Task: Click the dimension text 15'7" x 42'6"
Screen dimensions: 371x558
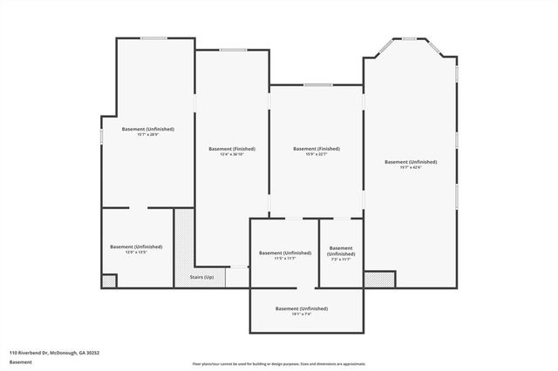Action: pos(410,168)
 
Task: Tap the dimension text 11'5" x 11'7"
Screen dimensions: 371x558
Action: pos(284,259)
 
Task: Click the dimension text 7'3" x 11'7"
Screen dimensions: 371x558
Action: pos(341,259)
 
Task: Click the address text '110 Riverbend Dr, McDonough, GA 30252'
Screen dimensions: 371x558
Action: pos(54,353)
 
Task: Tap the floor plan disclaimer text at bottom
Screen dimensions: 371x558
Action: pos(279,363)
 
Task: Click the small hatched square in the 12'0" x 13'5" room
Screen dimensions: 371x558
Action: pos(109,281)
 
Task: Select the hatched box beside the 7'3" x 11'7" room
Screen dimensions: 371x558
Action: pos(378,279)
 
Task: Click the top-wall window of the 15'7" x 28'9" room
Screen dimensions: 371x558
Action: pos(155,37)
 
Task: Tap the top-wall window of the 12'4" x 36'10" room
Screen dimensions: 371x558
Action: pos(232,50)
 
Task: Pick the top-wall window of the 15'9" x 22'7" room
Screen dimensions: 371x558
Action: pos(316,84)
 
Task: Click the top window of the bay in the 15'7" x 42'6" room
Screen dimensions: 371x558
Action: pos(409,37)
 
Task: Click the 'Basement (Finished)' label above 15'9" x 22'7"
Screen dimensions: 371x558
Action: pos(316,149)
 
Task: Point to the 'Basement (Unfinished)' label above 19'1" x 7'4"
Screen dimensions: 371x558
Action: pos(301,309)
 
